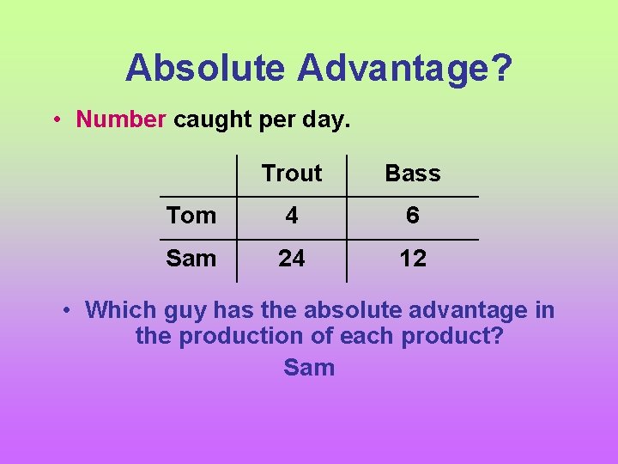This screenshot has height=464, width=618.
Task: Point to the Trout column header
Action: [292, 174]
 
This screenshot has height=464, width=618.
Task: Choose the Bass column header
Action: [413, 174]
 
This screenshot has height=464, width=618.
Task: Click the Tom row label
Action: [191, 216]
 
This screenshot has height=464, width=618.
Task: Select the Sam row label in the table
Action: [191, 259]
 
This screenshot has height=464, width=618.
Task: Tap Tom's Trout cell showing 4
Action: [292, 216]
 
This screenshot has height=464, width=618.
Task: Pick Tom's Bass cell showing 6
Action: [413, 216]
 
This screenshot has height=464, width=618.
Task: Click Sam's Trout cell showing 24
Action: [292, 259]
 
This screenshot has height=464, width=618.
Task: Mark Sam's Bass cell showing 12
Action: [413, 259]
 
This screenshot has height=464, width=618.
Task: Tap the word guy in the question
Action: [182, 311]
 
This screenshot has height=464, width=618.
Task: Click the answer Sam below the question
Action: [309, 368]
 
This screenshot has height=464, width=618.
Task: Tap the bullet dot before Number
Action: [55, 119]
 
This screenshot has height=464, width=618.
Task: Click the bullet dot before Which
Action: [65, 310]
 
